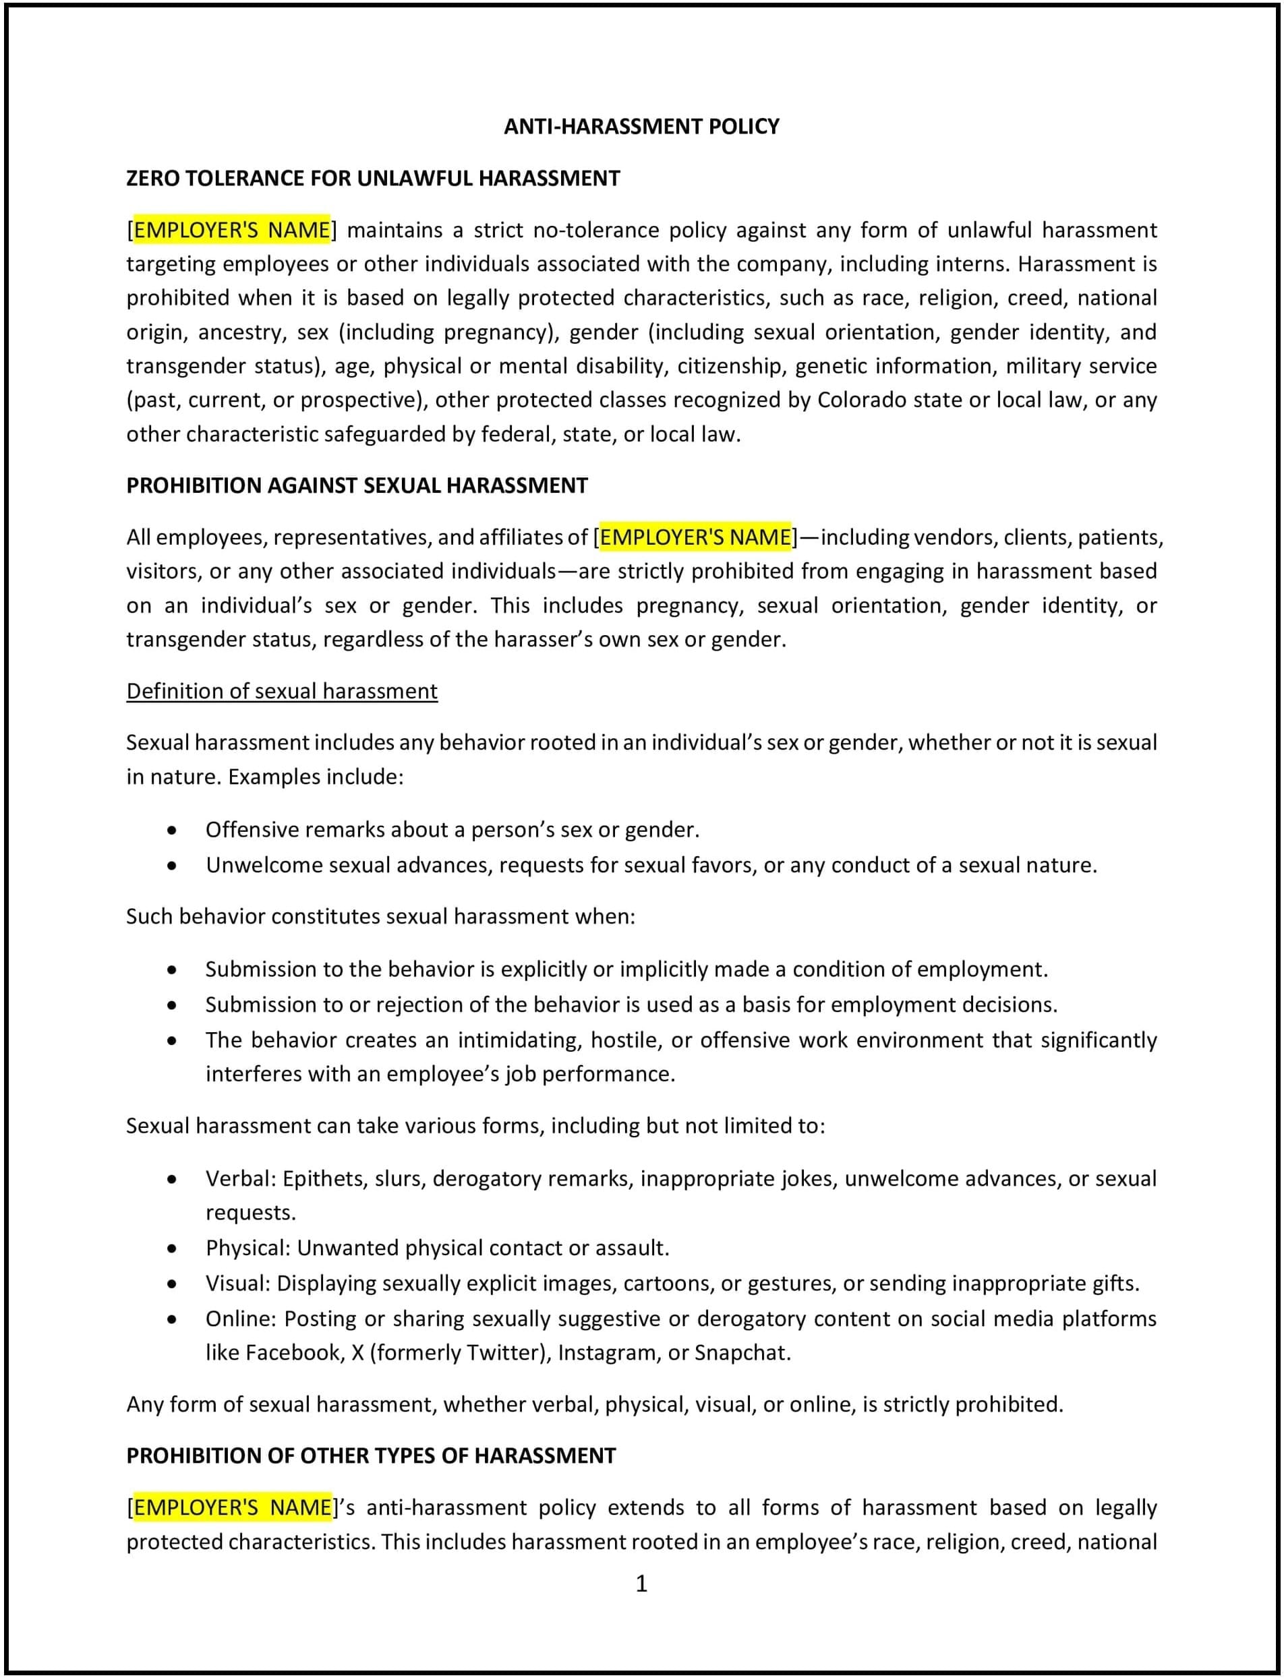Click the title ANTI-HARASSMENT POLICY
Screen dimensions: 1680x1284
point(641,126)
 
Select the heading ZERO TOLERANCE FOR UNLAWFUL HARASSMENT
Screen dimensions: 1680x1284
point(373,178)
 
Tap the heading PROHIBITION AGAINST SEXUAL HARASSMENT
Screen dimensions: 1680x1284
point(357,485)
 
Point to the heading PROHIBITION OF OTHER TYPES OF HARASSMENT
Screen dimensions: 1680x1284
point(371,1456)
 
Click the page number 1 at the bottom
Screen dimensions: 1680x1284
point(641,1584)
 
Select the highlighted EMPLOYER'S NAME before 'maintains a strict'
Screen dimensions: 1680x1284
point(231,230)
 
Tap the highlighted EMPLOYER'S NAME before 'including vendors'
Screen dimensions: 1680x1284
point(695,537)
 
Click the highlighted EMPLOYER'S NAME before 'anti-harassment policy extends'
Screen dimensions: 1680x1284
point(233,1507)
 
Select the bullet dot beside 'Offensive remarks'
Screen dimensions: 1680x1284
point(172,831)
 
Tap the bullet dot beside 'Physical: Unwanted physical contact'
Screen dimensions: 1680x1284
point(172,1249)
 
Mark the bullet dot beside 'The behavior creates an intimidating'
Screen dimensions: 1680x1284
point(172,1040)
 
